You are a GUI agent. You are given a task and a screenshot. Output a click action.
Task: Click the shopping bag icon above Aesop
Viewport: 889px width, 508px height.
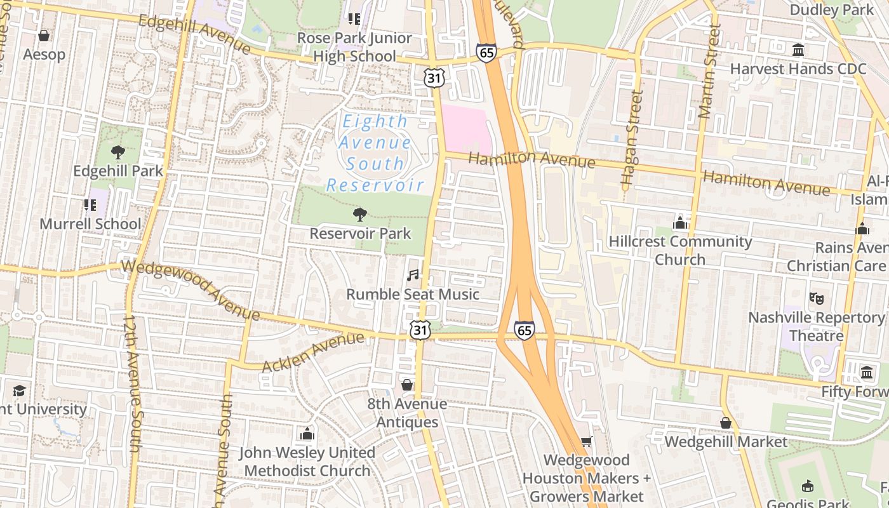(44, 36)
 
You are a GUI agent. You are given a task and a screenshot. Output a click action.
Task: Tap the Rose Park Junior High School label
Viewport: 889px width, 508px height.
(354, 47)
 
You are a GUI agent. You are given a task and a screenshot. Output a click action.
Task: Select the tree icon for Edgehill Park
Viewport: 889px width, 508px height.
(117, 152)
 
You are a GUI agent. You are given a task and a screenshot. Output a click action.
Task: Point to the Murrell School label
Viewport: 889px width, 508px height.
(90, 224)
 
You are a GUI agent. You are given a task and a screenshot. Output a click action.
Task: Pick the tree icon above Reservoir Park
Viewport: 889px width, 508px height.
(360, 214)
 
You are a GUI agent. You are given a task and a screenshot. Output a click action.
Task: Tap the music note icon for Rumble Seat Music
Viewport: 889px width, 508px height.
(413, 275)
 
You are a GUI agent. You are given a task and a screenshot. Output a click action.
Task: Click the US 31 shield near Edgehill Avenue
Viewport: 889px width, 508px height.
(435, 77)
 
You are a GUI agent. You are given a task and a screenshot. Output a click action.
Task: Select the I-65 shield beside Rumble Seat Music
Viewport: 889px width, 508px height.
(524, 330)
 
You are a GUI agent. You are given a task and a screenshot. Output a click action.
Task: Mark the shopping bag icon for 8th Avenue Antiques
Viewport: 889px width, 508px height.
(407, 385)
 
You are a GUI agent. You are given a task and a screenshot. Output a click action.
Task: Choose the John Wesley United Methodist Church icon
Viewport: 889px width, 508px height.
(307, 434)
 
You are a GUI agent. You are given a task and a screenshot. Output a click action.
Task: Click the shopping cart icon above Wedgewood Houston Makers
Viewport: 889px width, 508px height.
(586, 441)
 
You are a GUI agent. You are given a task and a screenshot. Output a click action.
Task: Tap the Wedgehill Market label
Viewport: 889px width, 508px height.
(726, 441)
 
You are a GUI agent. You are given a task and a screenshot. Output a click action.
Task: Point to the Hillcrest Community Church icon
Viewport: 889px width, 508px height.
(680, 222)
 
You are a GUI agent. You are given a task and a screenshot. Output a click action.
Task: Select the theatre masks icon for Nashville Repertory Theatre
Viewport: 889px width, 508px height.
(816, 297)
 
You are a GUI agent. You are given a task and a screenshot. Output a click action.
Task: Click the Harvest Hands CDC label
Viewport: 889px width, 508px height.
(798, 69)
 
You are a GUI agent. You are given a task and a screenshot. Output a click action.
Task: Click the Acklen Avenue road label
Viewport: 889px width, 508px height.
(313, 353)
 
